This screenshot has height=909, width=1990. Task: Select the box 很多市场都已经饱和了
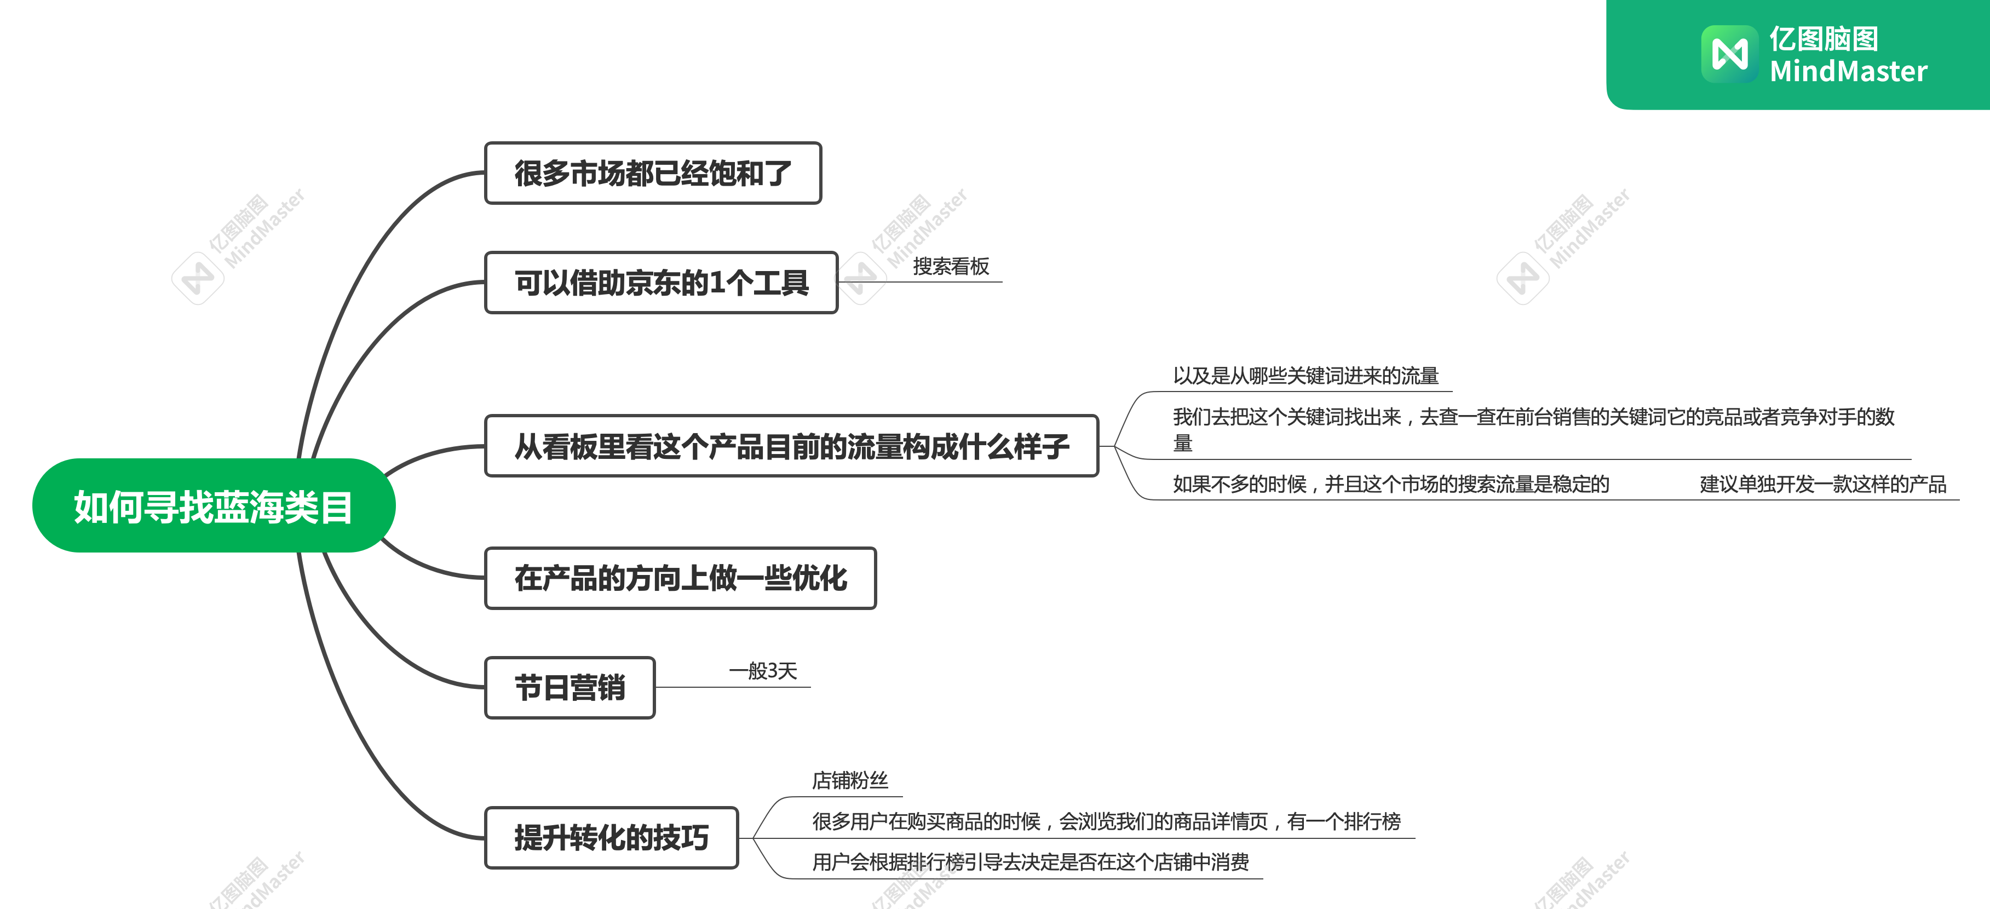point(653,173)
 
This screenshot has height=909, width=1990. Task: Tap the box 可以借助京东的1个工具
point(662,283)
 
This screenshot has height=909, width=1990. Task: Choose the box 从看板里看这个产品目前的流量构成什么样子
point(791,446)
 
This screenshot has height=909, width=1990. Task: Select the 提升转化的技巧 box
point(612,838)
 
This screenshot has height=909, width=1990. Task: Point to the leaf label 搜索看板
point(951,267)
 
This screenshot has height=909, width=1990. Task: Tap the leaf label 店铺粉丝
point(850,781)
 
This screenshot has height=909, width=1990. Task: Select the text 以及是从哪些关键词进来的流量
point(1305,376)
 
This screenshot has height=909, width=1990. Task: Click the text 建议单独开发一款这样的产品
point(1823,484)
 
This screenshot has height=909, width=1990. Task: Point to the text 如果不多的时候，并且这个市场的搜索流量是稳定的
point(1390,484)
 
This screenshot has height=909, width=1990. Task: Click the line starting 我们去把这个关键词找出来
point(1533,429)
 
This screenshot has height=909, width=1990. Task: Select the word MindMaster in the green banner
point(1849,71)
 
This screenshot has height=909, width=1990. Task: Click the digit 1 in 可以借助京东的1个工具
point(717,283)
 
